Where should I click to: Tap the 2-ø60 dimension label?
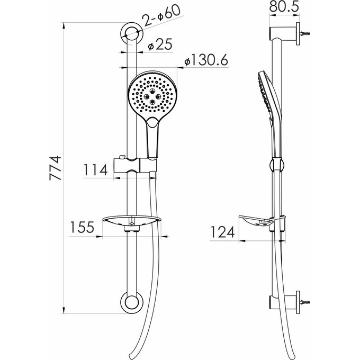pos(161,19)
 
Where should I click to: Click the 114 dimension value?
pos(96,170)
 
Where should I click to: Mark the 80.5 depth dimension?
pos(282,8)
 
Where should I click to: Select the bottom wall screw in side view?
pos(306,302)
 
